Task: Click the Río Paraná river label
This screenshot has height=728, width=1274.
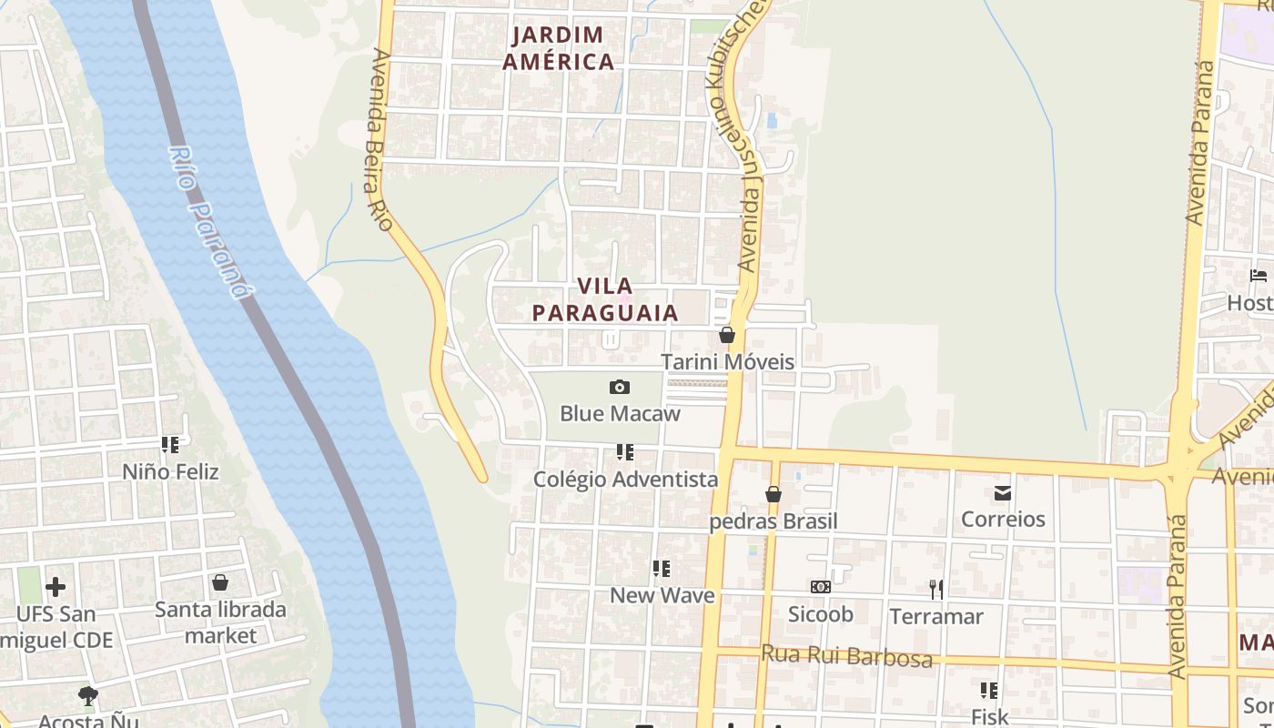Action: pyautogui.click(x=208, y=222)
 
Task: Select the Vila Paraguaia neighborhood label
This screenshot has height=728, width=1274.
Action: pyautogui.click(x=605, y=299)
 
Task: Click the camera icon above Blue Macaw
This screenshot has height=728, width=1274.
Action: pyautogui.click(x=620, y=388)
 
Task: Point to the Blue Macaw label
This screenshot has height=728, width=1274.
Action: pyautogui.click(x=620, y=413)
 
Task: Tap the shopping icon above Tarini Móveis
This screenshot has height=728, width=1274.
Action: pyautogui.click(x=727, y=335)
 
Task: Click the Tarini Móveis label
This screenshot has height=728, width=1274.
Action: pyautogui.click(x=727, y=361)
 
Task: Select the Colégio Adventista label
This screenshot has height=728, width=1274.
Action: pyautogui.click(x=625, y=479)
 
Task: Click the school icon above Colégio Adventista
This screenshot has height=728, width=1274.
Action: pyautogui.click(x=624, y=452)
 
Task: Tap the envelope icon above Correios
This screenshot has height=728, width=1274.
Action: pyautogui.click(x=1003, y=493)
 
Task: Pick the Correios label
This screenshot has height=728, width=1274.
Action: pyautogui.click(x=1003, y=519)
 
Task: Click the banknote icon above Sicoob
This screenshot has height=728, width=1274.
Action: pyautogui.click(x=820, y=588)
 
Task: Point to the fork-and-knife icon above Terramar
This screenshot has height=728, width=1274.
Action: pyautogui.click(x=935, y=590)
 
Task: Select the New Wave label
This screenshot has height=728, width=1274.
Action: pyautogui.click(x=662, y=595)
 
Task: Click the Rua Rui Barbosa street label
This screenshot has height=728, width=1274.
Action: pyautogui.click(x=846, y=655)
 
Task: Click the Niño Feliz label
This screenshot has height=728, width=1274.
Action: pyautogui.click(x=171, y=471)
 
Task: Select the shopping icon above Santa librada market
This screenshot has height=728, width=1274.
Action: pyautogui.click(x=219, y=582)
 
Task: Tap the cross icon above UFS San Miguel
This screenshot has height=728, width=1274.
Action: pyautogui.click(x=56, y=587)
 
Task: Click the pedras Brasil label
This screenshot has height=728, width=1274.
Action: pyautogui.click(x=773, y=521)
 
